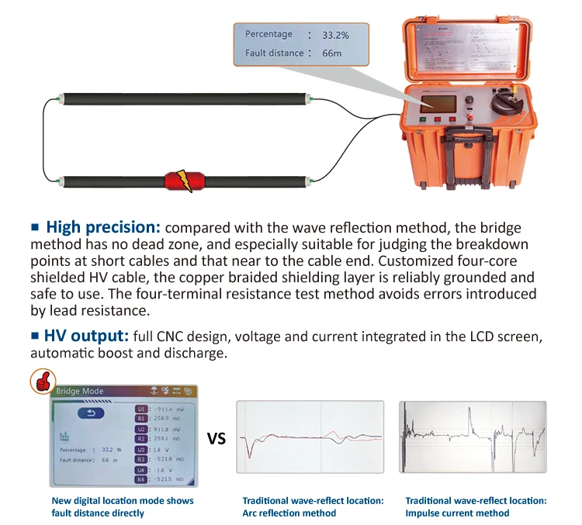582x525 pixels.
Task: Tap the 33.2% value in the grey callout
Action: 335,35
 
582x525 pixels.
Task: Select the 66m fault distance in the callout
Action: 331,54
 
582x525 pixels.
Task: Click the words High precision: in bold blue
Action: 102,228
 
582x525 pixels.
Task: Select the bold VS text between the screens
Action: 217,439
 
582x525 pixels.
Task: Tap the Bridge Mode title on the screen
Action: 81,391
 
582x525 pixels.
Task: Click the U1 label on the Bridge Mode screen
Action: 141,408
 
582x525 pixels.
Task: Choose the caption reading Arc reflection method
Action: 289,513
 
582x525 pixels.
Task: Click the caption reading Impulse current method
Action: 457,513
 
